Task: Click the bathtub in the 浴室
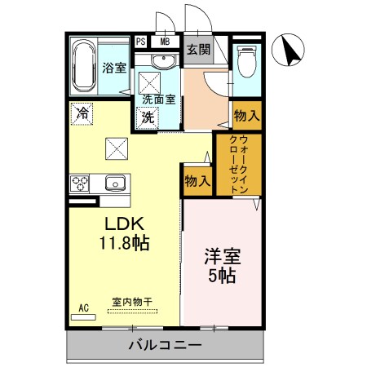pyautogui.click(x=84, y=65)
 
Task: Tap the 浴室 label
pyautogui.click(x=114, y=69)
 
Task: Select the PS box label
pyautogui.click(x=141, y=42)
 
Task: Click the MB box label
pyautogui.click(x=166, y=42)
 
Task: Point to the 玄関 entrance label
pyautogui.click(x=198, y=49)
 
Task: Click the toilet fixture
pyautogui.click(x=246, y=62)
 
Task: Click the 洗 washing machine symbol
pyautogui.click(x=148, y=117)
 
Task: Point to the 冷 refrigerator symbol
pyautogui.click(x=82, y=113)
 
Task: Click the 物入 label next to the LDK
pyautogui.click(x=197, y=180)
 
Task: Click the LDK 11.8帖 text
pyautogui.click(x=125, y=232)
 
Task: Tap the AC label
pyautogui.click(x=83, y=307)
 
